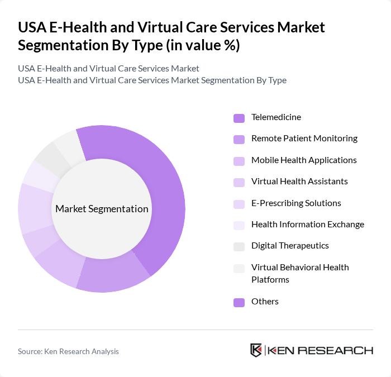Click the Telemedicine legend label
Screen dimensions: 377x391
coord(276,117)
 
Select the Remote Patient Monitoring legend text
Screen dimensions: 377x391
coord(304,139)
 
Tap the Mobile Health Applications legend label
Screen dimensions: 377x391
coord(304,160)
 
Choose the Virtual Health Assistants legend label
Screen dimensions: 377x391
coord(299,182)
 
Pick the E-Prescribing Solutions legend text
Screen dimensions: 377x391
coord(296,203)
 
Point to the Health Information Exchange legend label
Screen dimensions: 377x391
coord(307,225)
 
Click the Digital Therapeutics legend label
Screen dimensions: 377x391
coord(290,246)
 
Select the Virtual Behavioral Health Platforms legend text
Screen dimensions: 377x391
coord(300,273)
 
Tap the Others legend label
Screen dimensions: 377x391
coord(265,302)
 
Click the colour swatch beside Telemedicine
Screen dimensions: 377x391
coord(239,118)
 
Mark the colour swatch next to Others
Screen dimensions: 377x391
coord(239,302)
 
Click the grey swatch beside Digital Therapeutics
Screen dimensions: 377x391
coord(239,246)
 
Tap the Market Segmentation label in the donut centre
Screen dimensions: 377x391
coord(102,209)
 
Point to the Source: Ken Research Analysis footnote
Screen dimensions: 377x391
coord(68,351)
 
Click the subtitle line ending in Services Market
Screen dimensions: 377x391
coord(108,69)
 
